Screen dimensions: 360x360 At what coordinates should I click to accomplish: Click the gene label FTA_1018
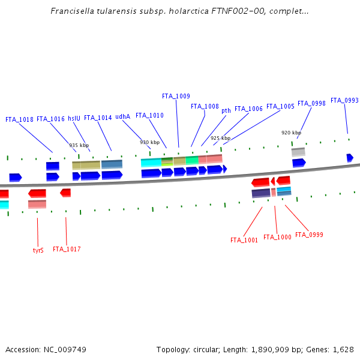tap(19, 119)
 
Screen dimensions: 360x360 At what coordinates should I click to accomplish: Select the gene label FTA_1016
tap(50, 119)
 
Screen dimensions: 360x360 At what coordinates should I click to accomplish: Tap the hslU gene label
tap(74, 119)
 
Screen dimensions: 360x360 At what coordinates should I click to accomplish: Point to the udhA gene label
tap(122, 118)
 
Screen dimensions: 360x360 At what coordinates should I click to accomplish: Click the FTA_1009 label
tap(176, 96)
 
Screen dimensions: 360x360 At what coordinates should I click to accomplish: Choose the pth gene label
tap(226, 110)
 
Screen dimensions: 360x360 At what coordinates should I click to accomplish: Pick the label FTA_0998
tap(311, 103)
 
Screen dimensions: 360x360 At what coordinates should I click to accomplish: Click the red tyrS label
tap(38, 250)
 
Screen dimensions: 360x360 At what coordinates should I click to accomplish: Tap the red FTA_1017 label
tap(67, 249)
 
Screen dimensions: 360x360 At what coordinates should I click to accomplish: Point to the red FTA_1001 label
tap(244, 240)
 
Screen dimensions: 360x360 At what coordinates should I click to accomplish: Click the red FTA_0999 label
tap(309, 235)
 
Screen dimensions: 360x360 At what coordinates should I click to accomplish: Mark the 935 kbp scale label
tap(79, 145)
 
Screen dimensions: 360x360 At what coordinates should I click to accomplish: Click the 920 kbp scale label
tap(291, 133)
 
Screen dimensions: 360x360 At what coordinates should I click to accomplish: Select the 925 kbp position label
tap(220, 138)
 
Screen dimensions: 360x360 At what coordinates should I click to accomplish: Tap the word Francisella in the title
tap(71, 11)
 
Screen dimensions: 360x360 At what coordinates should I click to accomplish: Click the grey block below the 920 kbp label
tap(298, 152)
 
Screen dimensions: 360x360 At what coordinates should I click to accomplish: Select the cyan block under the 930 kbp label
tap(151, 163)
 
